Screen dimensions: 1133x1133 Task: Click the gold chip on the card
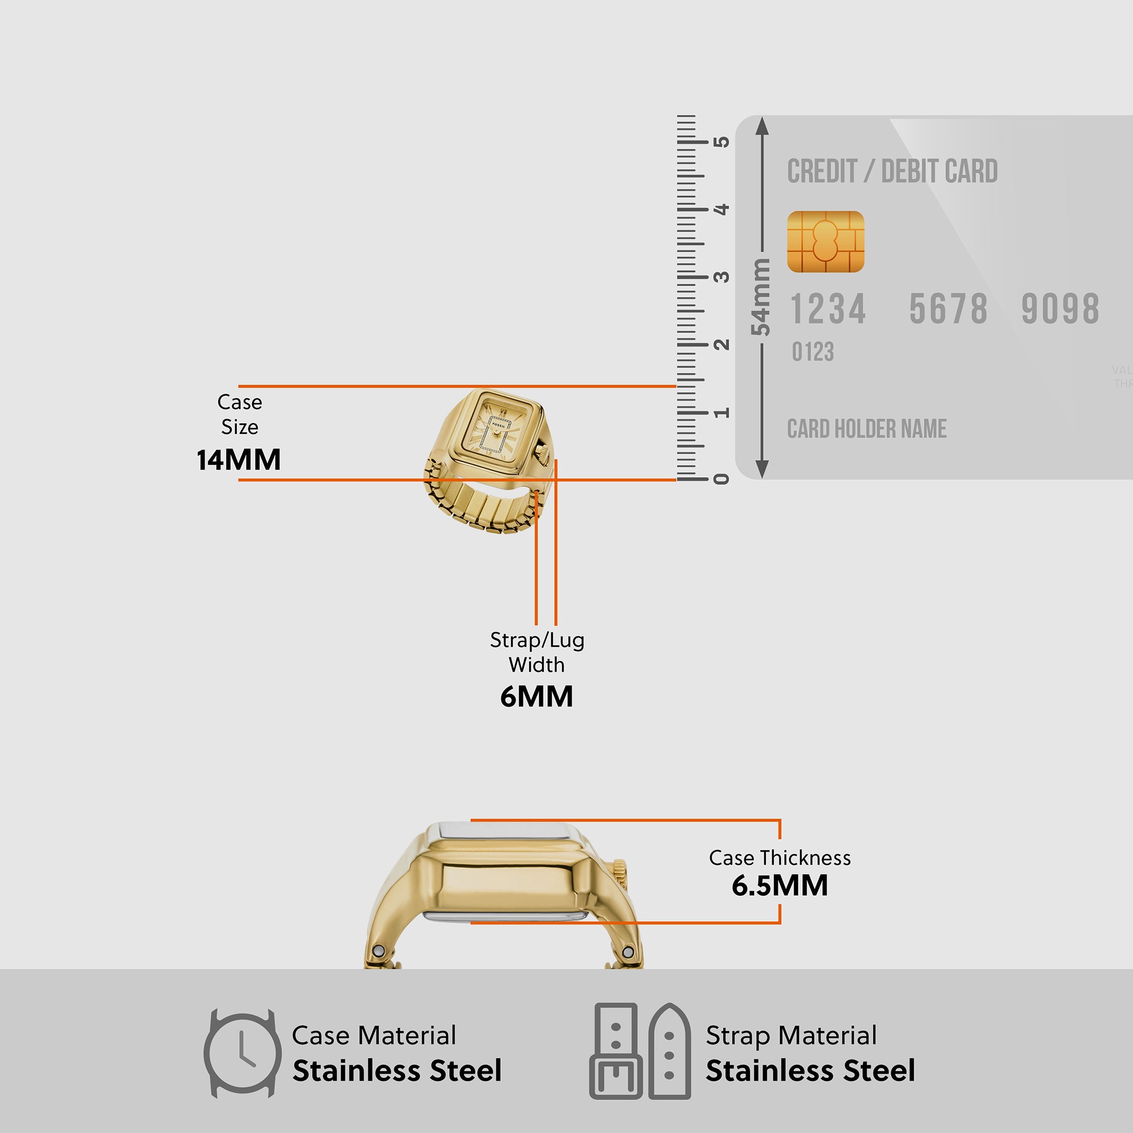pyautogui.click(x=825, y=242)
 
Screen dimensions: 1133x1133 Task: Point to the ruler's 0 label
pyautogui.click(x=721, y=479)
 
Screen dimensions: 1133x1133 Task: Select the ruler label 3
pyautogui.click(x=721, y=277)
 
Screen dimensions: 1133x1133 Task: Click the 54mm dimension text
pyautogui.click(x=761, y=297)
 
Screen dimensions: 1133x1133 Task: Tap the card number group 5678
pyautogui.click(x=948, y=309)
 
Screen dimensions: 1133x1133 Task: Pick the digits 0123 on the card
pyautogui.click(x=812, y=352)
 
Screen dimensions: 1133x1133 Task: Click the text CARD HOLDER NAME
pyautogui.click(x=867, y=429)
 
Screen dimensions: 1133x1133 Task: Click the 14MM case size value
pyautogui.click(x=238, y=460)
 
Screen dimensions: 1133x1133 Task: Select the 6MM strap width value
pyautogui.click(x=536, y=697)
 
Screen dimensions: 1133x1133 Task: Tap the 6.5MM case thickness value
pyautogui.click(x=780, y=885)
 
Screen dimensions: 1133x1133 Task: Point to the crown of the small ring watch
pyautogui.click(x=543, y=452)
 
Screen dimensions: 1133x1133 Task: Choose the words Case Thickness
pyautogui.click(x=780, y=858)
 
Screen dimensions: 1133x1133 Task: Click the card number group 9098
pyautogui.click(x=1060, y=309)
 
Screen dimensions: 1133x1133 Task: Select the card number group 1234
pyautogui.click(x=828, y=309)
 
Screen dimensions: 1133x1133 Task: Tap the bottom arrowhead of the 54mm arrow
pyautogui.click(x=762, y=470)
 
